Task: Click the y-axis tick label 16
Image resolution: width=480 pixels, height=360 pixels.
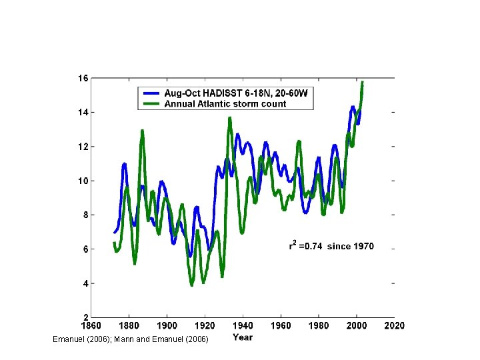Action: click(83, 78)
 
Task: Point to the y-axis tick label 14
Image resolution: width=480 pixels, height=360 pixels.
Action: click(83, 112)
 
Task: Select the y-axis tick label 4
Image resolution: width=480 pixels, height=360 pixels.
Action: click(85, 283)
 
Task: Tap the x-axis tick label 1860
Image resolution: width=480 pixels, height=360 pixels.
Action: click(92, 326)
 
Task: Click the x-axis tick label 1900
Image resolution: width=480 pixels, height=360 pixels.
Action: click(167, 326)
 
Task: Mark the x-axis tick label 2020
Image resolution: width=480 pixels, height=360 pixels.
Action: click(393, 326)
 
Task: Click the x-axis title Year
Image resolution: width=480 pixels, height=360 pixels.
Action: click(243, 337)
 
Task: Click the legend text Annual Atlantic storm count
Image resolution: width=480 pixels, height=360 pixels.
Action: click(225, 104)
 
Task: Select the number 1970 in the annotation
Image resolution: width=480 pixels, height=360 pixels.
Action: click(363, 247)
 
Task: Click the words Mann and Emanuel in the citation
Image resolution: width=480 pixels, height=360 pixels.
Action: click(152, 340)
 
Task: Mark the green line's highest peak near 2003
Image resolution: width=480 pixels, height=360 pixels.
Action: click(362, 83)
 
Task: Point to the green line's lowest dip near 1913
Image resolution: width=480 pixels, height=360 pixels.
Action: click(192, 285)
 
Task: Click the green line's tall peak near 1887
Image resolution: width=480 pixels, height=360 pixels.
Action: click(142, 131)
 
